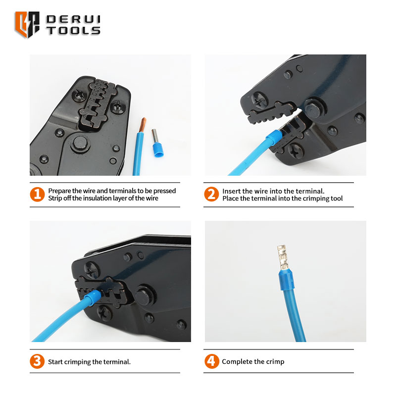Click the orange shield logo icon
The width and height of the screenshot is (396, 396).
click(27, 24)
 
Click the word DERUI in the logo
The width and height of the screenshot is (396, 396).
click(73, 19)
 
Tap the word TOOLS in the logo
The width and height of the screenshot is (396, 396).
click(73, 30)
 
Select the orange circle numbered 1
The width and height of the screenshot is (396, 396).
click(37, 194)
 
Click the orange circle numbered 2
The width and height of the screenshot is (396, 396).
click(211, 194)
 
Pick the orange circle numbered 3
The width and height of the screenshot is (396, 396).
click(37, 361)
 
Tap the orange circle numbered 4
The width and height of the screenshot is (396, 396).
click(212, 361)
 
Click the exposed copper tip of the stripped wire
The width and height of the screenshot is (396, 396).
click(143, 125)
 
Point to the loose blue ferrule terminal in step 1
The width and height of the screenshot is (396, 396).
click(157, 143)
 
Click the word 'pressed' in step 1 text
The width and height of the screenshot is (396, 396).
click(164, 191)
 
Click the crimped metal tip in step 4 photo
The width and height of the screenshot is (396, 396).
click(283, 257)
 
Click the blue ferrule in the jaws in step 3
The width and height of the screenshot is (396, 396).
click(93, 297)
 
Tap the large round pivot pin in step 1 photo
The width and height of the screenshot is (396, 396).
click(80, 144)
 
